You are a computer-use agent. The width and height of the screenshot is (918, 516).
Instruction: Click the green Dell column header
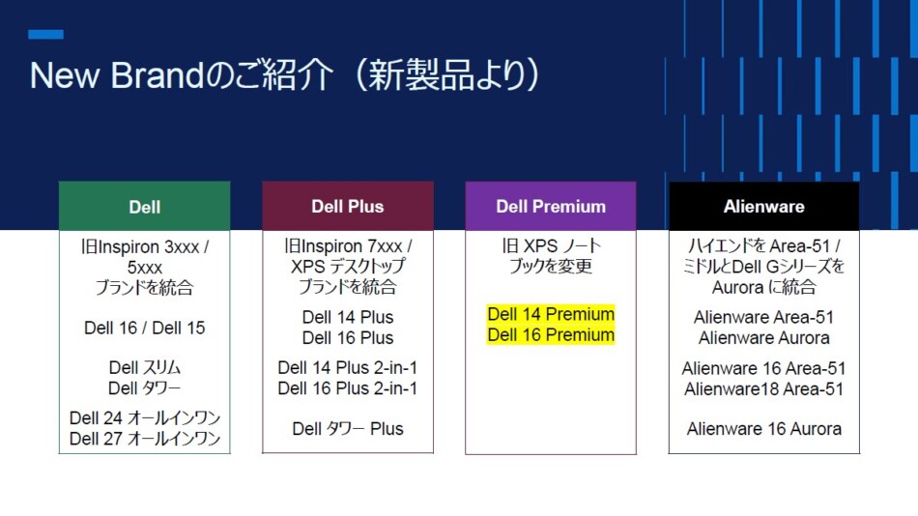pos(144,207)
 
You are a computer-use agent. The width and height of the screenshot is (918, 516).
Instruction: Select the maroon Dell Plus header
pos(347,207)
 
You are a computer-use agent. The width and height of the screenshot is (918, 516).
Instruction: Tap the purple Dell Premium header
pos(551,207)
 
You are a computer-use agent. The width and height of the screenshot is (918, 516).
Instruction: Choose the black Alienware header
pos(763,207)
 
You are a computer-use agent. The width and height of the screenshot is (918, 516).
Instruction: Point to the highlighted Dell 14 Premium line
pos(551,314)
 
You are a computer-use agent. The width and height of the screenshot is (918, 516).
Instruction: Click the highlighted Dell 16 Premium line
pos(551,335)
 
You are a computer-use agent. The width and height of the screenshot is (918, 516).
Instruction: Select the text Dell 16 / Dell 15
pos(145,328)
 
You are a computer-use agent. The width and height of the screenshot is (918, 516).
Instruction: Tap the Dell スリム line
pos(145,368)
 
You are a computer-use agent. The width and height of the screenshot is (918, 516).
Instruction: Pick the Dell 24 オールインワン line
pos(145,418)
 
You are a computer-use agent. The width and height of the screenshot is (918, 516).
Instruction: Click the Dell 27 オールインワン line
pos(145,439)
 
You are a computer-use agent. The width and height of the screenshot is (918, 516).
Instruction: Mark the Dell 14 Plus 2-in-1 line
pos(348,368)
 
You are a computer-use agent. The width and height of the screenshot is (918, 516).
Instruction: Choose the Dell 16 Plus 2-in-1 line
pos(348,388)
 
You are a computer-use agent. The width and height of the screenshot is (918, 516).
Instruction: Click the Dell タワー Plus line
pos(348,429)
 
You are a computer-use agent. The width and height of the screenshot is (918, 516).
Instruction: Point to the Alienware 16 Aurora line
pos(764,429)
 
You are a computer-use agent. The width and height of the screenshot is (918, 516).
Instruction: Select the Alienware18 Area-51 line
pos(764,388)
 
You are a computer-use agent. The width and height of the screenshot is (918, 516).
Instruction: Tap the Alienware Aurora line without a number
pos(764,338)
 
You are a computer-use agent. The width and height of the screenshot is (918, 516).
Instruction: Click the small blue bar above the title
pos(45,34)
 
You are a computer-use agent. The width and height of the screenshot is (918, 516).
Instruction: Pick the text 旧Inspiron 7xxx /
pos(348,246)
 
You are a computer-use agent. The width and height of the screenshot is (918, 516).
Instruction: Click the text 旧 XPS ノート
pos(551,246)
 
